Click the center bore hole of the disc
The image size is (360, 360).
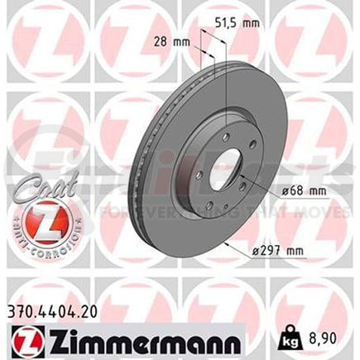[x=223, y=169]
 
